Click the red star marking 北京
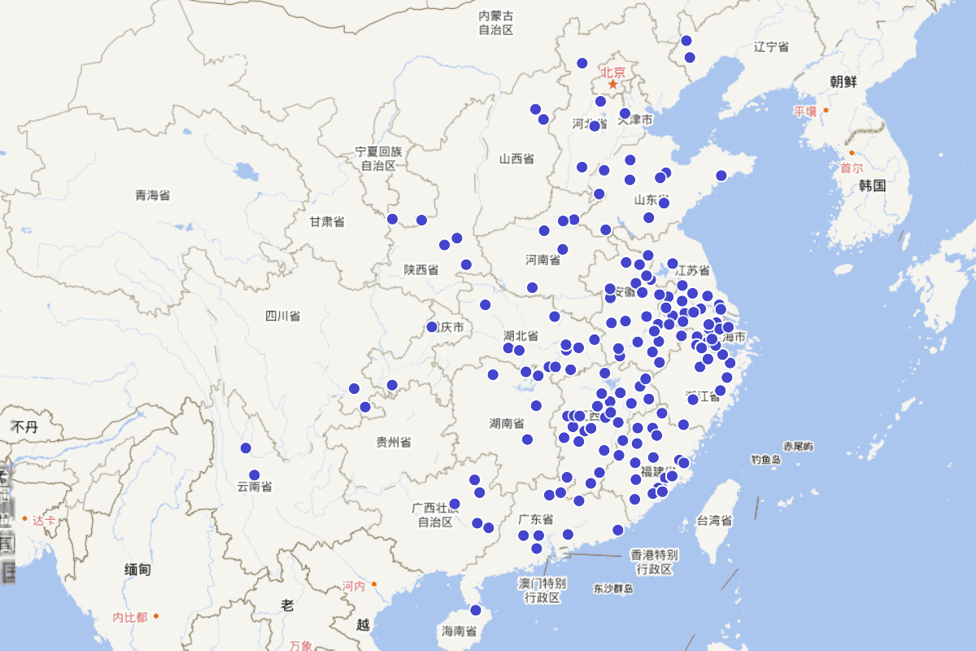click(x=612, y=84)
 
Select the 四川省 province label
click(x=282, y=316)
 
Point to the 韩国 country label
click(x=872, y=186)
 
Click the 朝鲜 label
click(x=843, y=81)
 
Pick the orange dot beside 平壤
click(x=826, y=110)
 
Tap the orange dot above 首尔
click(x=852, y=153)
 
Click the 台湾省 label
click(x=714, y=521)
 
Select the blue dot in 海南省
click(x=476, y=610)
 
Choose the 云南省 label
click(x=255, y=487)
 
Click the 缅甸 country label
click(x=137, y=570)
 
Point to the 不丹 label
click(x=24, y=426)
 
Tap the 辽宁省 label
click(x=771, y=46)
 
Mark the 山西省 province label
click(x=516, y=159)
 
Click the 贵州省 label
click(x=394, y=442)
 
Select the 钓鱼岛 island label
click(x=765, y=460)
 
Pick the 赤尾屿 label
click(x=798, y=446)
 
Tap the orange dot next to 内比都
click(x=155, y=616)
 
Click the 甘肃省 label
click(x=326, y=221)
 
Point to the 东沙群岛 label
click(x=613, y=588)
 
